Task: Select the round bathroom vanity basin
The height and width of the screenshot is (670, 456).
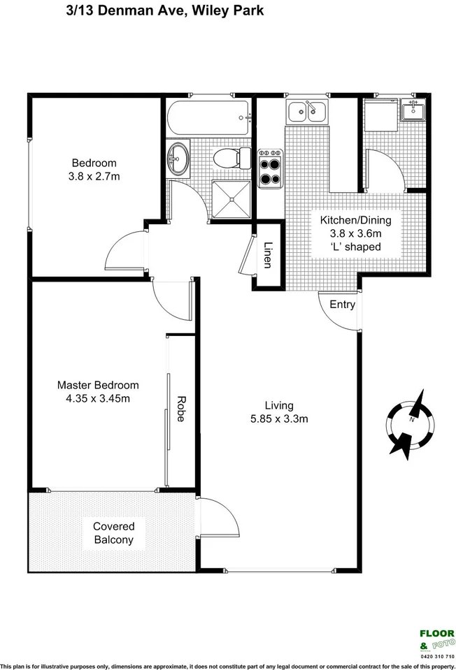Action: click(178, 159)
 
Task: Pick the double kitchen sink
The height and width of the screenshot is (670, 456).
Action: click(306, 111)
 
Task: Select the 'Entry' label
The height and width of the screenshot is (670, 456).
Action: click(342, 305)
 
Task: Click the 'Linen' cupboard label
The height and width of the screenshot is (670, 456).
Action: click(268, 255)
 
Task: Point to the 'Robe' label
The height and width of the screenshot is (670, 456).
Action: click(180, 408)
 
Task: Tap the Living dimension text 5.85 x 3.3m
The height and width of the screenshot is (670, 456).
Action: click(279, 419)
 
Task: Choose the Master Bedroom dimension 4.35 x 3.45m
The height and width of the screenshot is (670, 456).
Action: click(98, 398)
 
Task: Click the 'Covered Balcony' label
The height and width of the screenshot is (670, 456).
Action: click(113, 533)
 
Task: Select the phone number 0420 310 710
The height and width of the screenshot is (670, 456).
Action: click(436, 657)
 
